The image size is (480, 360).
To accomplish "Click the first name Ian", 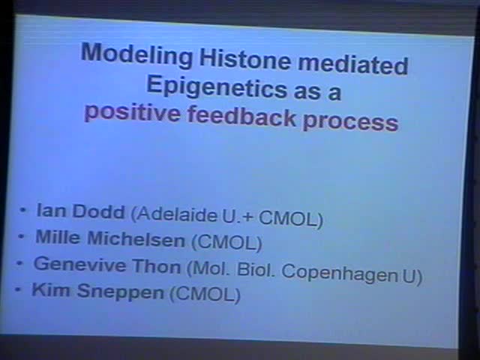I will (x=48, y=212).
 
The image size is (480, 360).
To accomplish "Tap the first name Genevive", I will (x=76, y=265).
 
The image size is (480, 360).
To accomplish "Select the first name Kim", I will (x=47, y=290).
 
